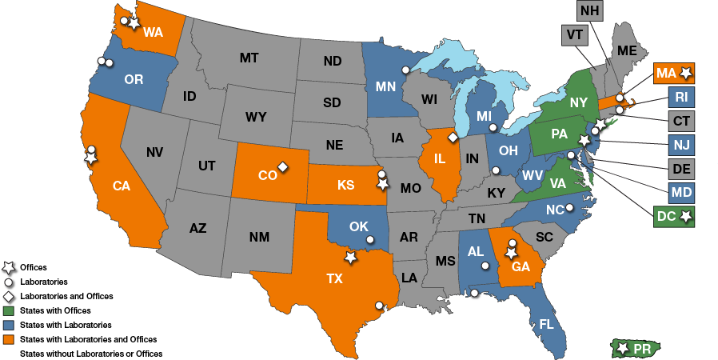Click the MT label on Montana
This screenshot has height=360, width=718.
point(249,58)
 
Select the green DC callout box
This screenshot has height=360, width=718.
point(673,216)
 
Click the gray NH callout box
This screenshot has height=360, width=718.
point(590,10)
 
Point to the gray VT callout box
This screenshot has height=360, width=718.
point(574,35)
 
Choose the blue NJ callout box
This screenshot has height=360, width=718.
point(681,146)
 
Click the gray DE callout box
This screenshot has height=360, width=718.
point(681,169)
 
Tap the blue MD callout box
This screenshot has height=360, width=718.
point(681,193)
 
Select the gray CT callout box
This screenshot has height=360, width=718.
point(681,122)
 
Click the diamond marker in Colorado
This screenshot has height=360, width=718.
point(282,167)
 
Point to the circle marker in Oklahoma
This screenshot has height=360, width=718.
point(370,239)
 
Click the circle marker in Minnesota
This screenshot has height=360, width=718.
point(405,70)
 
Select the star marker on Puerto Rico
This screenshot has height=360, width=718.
point(623,348)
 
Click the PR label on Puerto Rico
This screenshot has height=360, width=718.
point(641,349)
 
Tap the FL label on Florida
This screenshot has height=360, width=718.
point(546,325)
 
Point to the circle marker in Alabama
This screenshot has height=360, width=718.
point(485,266)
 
